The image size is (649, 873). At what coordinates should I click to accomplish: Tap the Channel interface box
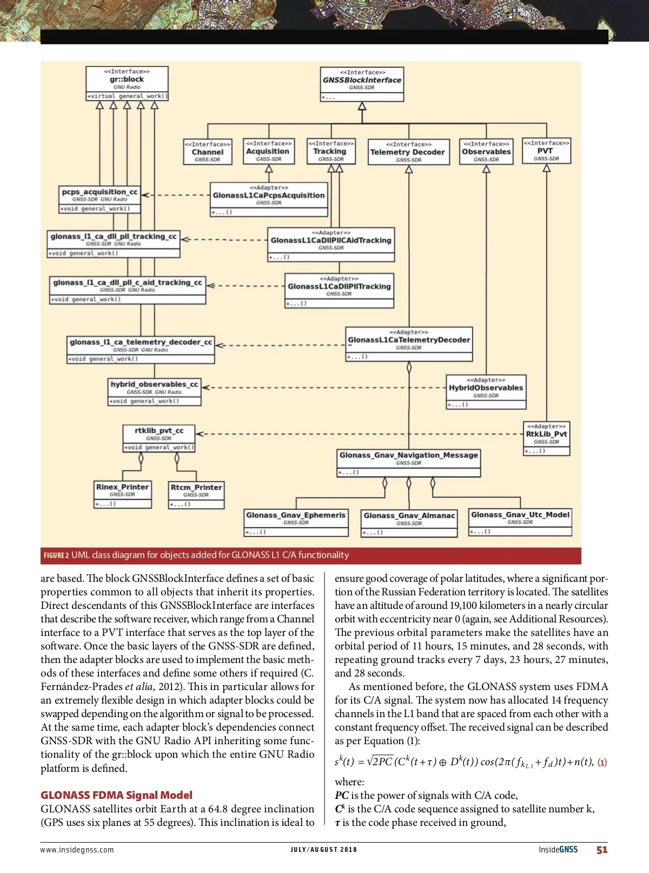[x=208, y=152]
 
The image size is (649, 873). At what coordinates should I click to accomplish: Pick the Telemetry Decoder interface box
[x=408, y=152]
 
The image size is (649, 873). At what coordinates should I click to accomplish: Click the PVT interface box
[x=546, y=150]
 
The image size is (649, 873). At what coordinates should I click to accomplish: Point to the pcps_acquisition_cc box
[x=100, y=200]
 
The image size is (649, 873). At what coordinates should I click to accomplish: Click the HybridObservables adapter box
[x=486, y=391]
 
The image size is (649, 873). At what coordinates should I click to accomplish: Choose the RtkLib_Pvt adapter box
[x=546, y=438]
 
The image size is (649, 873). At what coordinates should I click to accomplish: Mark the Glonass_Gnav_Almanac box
[x=409, y=523]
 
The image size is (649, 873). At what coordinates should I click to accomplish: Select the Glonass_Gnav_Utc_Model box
[x=520, y=522]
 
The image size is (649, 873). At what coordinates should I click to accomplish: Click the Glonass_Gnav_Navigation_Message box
[x=408, y=463]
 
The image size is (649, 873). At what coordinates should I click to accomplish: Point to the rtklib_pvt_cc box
[x=159, y=438]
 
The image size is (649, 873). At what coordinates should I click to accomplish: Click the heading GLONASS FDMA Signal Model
[x=116, y=795]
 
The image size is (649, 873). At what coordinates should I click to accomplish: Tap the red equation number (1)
[x=602, y=762]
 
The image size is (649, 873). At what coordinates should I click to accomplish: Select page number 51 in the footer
[x=602, y=850]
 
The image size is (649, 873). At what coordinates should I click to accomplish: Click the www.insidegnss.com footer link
[x=77, y=850]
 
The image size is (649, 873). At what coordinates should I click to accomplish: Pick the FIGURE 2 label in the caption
[x=56, y=555]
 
